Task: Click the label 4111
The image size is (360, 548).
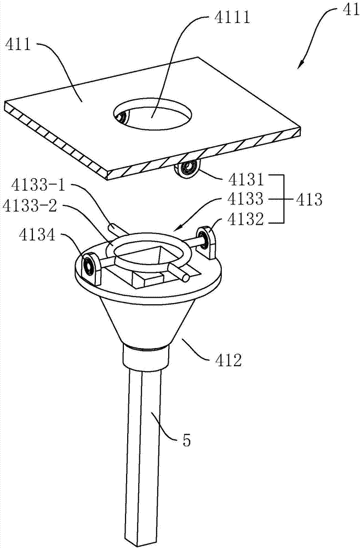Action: click(232, 17)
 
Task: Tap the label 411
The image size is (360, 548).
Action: click(18, 45)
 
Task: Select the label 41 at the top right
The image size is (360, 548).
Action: click(351, 10)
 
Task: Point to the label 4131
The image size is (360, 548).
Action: click(245, 179)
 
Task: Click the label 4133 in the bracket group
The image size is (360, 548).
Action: click(245, 199)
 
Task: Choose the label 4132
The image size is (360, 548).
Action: click(245, 220)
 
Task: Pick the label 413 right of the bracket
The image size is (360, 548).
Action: click(308, 200)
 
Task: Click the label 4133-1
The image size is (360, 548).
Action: click(38, 185)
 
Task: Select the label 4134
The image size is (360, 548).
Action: click(37, 235)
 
